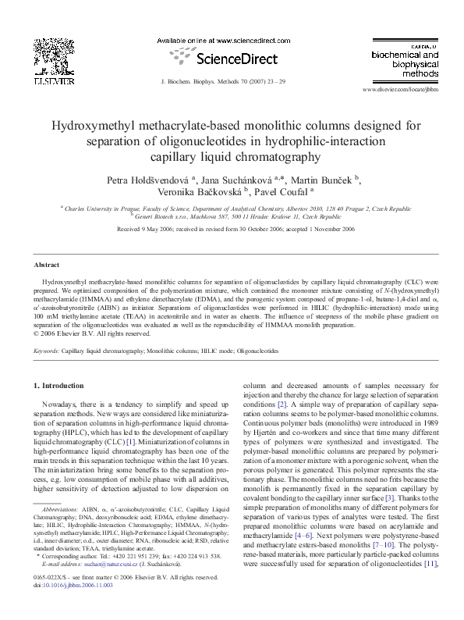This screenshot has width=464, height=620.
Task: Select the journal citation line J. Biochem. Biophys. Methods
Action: click(232, 80)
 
